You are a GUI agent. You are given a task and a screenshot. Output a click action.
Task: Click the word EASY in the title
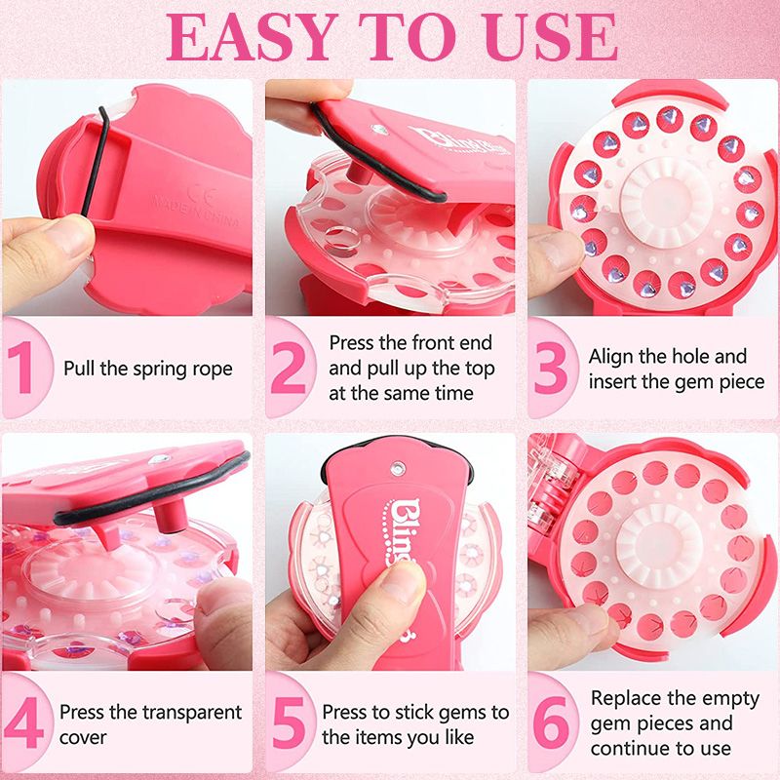pyautogui.click(x=250, y=37)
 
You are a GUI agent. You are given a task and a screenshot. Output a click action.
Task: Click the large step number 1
pyautogui.click(x=21, y=368)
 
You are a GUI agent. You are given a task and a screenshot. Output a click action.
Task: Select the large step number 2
pyautogui.click(x=289, y=368)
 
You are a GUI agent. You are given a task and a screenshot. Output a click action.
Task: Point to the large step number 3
pyautogui.click(x=551, y=369)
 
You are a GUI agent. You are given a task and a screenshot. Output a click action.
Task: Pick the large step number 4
pyautogui.click(x=23, y=722)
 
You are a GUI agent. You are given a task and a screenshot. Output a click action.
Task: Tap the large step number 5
pyautogui.click(x=288, y=722)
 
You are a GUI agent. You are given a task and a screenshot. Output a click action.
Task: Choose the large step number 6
pyautogui.click(x=551, y=722)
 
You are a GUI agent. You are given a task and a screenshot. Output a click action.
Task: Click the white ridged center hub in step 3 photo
pyautogui.click(x=664, y=200)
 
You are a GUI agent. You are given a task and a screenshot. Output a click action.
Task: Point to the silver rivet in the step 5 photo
pyautogui.click(x=398, y=468)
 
